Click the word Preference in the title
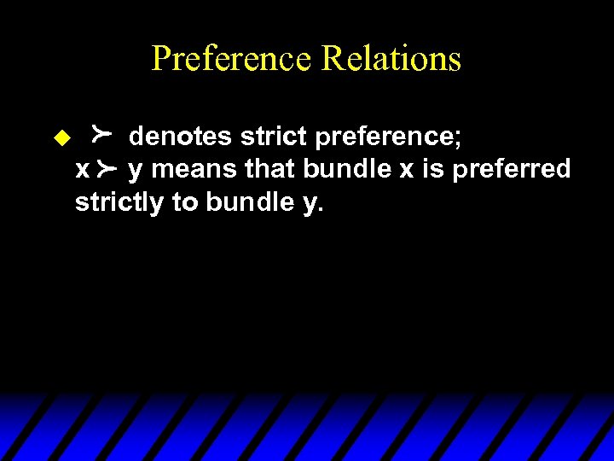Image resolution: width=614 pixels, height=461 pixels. coord(233,59)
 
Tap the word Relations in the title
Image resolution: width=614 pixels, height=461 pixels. coord(391,59)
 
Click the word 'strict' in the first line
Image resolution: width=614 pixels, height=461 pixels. coord(270,135)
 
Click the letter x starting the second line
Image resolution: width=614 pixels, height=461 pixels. coord(82,170)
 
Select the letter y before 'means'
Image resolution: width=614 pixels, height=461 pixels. coord(135,172)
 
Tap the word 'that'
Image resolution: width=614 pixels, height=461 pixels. coord(269,169)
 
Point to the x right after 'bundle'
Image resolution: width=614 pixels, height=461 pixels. coord(406,170)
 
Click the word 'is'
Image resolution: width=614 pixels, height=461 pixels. coord(433,169)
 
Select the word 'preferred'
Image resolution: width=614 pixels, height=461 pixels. coord(512,170)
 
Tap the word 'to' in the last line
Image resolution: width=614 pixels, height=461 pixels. coord(185,204)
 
